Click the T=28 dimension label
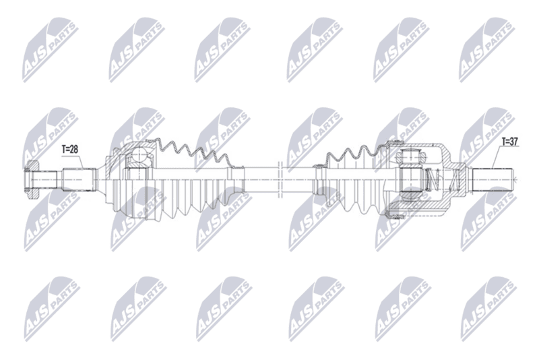point(70,149)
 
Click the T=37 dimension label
point(510,142)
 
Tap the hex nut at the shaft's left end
point(32,179)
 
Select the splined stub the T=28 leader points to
point(78,179)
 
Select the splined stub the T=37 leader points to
point(493,179)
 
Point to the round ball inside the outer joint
point(139,154)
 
